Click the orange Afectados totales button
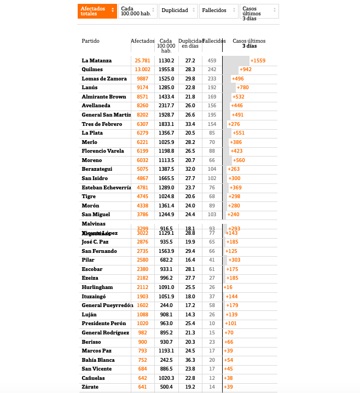[97, 11]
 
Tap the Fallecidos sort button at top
[218, 10]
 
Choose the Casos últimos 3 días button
[259, 11]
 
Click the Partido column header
[91, 41]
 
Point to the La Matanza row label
[97, 60]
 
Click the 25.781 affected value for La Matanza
[142, 60]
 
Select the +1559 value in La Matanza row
[258, 60]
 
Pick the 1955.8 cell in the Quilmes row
[166, 70]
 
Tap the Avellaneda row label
[96, 106]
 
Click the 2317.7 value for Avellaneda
[166, 106]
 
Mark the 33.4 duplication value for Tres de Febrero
[190, 124]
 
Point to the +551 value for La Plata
[239, 133]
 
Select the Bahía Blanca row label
[98, 360]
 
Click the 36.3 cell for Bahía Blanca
[190, 360]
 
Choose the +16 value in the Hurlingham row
[228, 287]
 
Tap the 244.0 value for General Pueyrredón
[166, 305]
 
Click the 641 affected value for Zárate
[142, 387]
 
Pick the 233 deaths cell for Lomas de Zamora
[212, 78]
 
